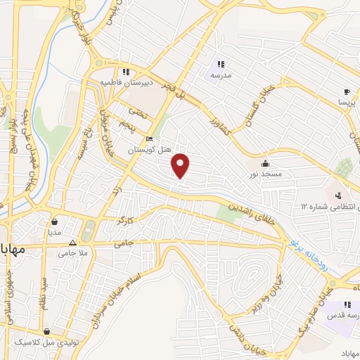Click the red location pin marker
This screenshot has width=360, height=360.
pos(181,165)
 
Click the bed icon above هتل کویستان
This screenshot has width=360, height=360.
pos(149,139)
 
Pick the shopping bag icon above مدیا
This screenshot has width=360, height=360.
pos(55,221)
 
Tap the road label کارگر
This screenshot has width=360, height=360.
pos(124,221)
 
